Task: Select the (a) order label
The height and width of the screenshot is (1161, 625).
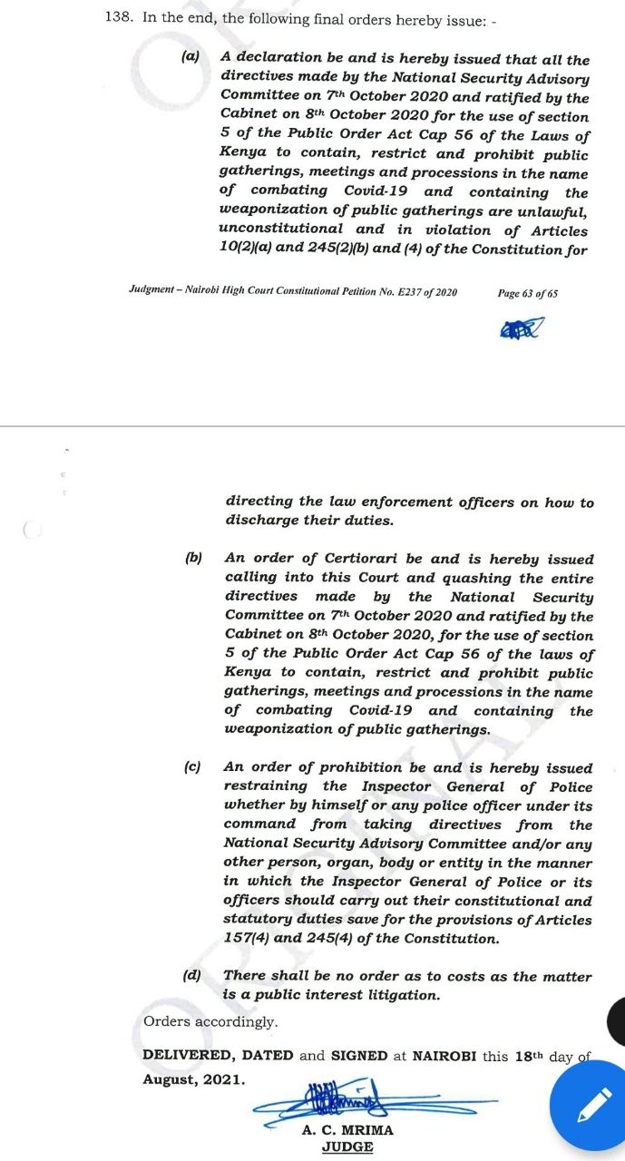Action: click(x=190, y=56)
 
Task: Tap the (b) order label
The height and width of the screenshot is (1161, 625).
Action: click(x=193, y=559)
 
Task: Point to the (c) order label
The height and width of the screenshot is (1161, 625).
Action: click(x=192, y=767)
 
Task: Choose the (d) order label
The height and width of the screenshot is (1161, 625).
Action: click(x=192, y=976)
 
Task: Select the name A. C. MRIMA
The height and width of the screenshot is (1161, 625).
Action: click(x=347, y=1130)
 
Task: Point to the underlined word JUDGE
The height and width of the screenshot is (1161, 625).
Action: click(x=347, y=1146)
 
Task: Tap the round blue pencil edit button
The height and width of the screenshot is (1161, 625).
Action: click(x=591, y=1104)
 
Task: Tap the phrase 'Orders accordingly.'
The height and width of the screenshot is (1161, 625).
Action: click(x=210, y=1021)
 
